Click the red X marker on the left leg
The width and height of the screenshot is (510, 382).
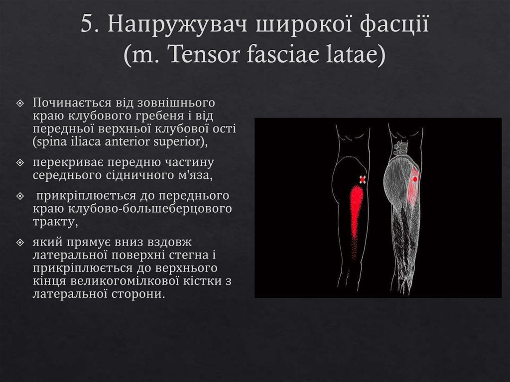click(x=363, y=179)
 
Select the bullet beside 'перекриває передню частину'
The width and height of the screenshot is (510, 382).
click(x=20, y=163)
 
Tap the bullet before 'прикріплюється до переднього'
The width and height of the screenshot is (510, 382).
click(x=20, y=196)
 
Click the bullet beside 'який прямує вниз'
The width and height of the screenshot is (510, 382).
click(x=20, y=243)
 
